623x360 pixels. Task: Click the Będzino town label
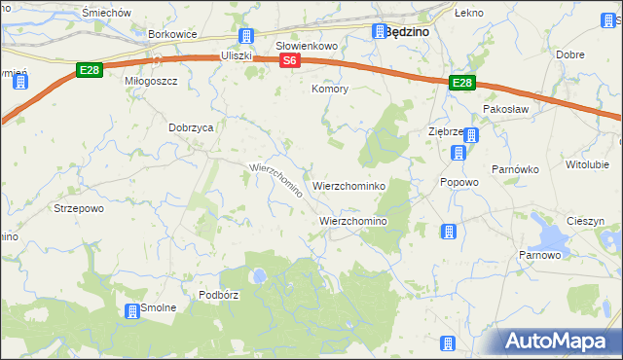(x=408, y=31)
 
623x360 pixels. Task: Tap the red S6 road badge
(x=289, y=60)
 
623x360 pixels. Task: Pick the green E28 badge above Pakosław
(x=461, y=85)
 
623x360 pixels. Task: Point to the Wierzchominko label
(x=350, y=185)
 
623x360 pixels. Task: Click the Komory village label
(x=329, y=90)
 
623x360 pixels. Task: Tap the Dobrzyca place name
(x=191, y=126)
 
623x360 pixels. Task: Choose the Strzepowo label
(x=80, y=208)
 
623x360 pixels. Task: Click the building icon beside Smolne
(x=131, y=310)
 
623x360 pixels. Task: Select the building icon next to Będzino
(x=378, y=32)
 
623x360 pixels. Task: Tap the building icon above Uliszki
(x=245, y=37)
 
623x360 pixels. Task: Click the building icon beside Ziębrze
(x=471, y=136)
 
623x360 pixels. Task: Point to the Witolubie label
(x=586, y=164)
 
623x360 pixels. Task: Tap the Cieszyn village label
(x=585, y=221)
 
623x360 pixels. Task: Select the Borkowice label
(x=173, y=34)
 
